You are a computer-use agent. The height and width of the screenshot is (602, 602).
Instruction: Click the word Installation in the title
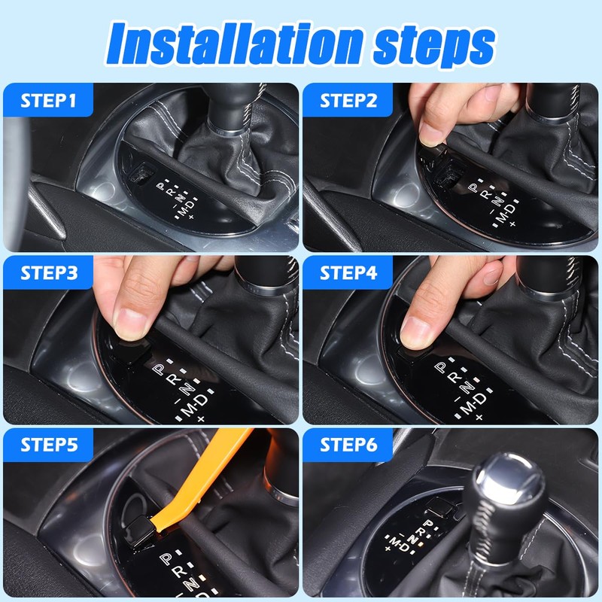pyautogui.click(x=234, y=44)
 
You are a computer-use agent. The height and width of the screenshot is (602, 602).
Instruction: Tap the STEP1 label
pyautogui.click(x=48, y=101)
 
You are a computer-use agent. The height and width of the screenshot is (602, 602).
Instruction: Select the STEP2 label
pyautogui.click(x=348, y=101)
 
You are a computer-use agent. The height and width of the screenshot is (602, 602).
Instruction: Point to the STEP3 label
pyautogui.click(x=49, y=273)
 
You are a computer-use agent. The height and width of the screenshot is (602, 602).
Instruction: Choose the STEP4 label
pyautogui.click(x=348, y=273)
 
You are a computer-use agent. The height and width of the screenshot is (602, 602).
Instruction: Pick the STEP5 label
pyautogui.click(x=49, y=445)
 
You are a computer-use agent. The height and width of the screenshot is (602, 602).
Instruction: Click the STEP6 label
pyautogui.click(x=348, y=445)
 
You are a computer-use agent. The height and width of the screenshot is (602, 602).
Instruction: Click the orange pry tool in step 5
pyautogui.click(x=199, y=480)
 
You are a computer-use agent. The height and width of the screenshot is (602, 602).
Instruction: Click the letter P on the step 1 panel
pyautogui.click(x=160, y=186)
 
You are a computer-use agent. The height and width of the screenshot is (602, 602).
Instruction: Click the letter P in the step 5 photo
pyautogui.click(x=166, y=558)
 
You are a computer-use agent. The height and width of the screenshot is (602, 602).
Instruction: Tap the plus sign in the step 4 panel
pyautogui.click(x=479, y=417)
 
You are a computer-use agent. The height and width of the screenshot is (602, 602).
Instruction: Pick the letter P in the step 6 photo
pyautogui.click(x=428, y=524)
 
